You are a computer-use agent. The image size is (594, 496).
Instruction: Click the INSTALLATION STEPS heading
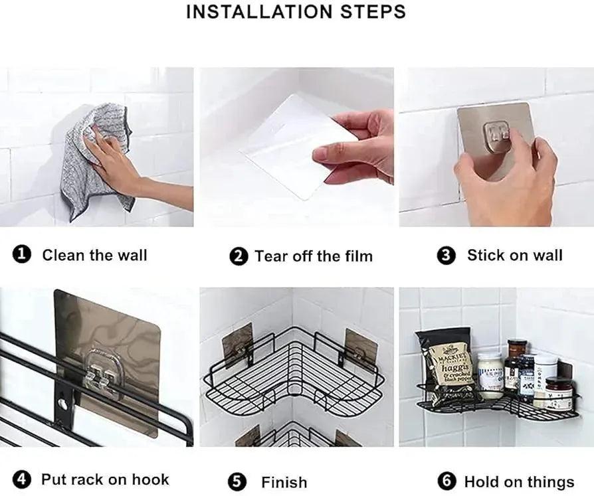[x=296, y=12]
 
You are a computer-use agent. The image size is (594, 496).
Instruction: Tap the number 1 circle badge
[x=23, y=255]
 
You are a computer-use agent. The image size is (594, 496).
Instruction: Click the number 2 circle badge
[x=239, y=256]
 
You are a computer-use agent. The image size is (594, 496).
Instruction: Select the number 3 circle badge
[x=446, y=256]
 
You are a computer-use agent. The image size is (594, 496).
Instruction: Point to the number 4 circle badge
[x=23, y=479]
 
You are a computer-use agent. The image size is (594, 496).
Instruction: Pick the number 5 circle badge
[x=237, y=482]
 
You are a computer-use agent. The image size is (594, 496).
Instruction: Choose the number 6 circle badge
[x=446, y=481]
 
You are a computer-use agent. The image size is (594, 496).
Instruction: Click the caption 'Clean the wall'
[x=94, y=255]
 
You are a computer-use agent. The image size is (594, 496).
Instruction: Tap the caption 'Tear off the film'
[x=314, y=256]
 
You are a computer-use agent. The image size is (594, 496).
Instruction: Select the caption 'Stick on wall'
[x=514, y=255]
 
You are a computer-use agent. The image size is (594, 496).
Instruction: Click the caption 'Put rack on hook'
[x=105, y=479]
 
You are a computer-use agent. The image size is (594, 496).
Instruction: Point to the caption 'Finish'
[x=284, y=483]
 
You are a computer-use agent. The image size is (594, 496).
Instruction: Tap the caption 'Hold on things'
[x=519, y=482]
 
